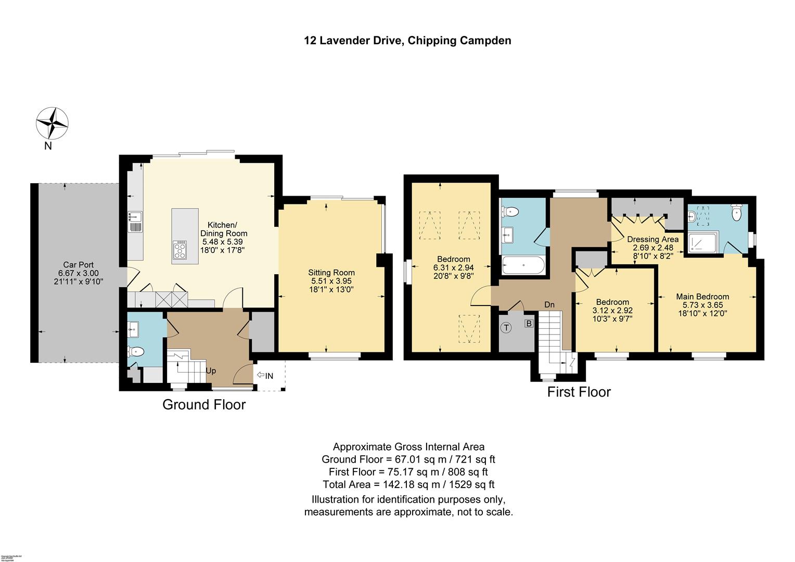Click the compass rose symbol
point(52,123)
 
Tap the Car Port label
point(78,265)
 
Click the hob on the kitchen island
point(180,249)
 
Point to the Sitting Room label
point(331,273)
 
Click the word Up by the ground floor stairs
point(211,371)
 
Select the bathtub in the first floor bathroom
point(523,267)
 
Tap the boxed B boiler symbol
point(529,323)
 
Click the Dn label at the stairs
point(549,304)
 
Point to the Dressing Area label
point(652,239)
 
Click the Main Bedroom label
point(702,297)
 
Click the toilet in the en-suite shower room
point(736,212)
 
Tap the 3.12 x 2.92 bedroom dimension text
point(612,310)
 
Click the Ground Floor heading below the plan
point(204,404)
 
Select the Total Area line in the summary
point(408,484)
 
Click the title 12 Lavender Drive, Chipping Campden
point(407,41)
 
